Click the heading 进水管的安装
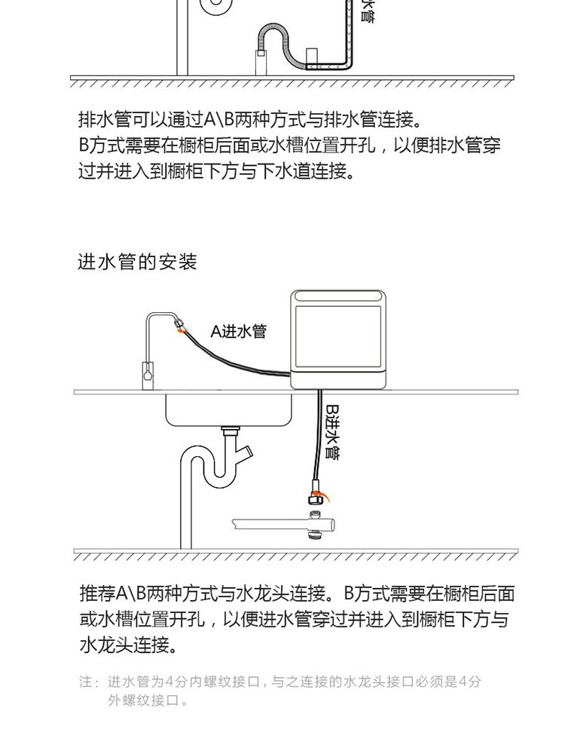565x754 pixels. point(137,262)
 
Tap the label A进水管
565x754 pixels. point(238,332)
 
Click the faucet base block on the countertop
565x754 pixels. point(146,373)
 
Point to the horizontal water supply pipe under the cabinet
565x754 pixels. point(279,523)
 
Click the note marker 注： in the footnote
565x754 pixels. point(90,682)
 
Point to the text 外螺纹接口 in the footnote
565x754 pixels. point(143,701)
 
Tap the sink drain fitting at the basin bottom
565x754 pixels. point(229,433)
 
